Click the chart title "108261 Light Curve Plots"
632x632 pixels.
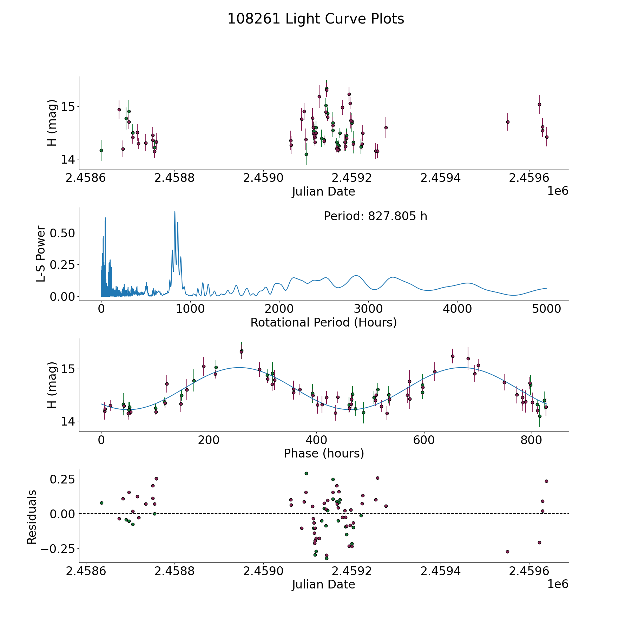[316, 19]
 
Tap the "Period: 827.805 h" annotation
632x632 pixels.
[375, 216]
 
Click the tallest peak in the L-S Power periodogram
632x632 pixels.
[175, 211]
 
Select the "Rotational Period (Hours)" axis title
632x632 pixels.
[323, 322]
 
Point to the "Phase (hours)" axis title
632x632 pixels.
[323, 453]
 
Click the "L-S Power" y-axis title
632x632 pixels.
[41, 254]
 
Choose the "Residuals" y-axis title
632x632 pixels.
[32, 517]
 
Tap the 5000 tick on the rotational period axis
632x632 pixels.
[546, 309]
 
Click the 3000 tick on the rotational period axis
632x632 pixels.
[368, 309]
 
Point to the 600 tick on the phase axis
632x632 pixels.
[424, 440]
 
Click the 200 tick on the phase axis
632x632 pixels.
[209, 440]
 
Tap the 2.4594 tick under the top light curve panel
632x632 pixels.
[441, 178]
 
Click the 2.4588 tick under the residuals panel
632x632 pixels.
[175, 571]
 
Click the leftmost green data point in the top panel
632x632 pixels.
[101, 150]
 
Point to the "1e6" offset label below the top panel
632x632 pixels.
[558, 191]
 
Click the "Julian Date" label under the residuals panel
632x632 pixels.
[323, 584]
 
